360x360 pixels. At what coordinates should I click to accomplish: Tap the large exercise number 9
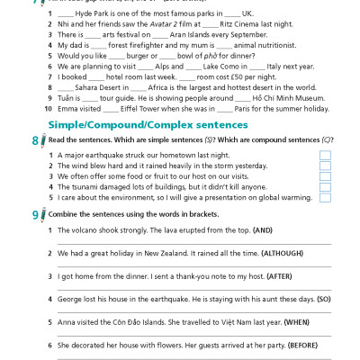click(34, 215)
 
